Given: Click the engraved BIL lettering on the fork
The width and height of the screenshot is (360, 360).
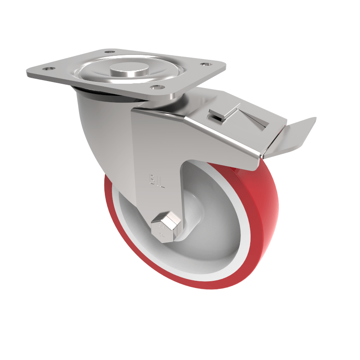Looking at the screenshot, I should click(154, 180).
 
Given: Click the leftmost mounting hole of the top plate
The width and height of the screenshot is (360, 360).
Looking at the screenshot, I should click(46, 69).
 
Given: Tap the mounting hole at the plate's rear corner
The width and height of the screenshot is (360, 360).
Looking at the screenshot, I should click(109, 52).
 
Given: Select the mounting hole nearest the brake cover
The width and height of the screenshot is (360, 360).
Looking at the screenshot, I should click(207, 65).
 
